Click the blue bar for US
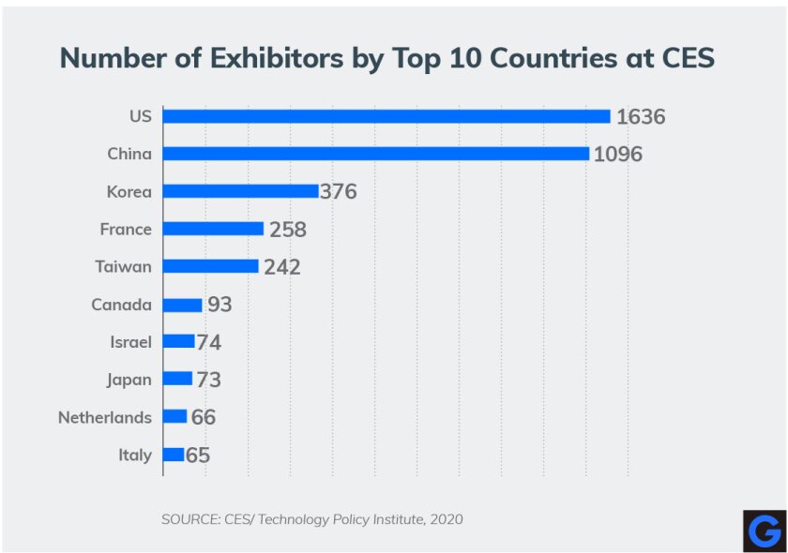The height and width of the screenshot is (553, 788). click(386, 116)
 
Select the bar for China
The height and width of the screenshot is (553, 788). click(376, 154)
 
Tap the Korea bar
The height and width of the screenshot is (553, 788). click(241, 191)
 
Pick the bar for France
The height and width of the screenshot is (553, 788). click(214, 229)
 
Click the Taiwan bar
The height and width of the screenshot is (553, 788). click(211, 266)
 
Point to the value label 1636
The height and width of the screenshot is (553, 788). click(640, 117)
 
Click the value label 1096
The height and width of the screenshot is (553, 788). click(617, 155)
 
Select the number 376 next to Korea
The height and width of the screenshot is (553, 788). click(339, 192)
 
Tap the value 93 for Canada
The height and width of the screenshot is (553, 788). click(220, 305)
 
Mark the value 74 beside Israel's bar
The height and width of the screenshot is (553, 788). click(208, 342)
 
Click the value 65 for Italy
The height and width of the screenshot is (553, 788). click(197, 456)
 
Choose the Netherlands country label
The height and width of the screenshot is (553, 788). click(104, 417)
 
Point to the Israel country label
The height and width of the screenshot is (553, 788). click(130, 342)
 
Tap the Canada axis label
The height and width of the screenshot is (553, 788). click(121, 305)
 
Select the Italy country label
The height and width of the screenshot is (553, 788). click(134, 455)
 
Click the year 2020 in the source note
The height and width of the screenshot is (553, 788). click(445, 518)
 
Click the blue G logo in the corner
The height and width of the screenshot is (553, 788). click(764, 531)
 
